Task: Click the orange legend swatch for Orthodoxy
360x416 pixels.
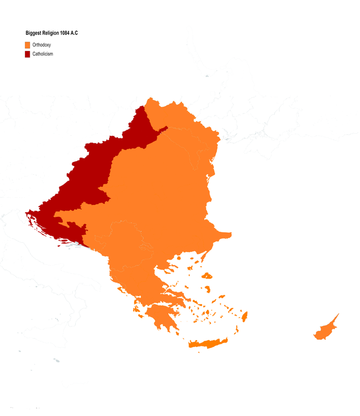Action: coord(28,45)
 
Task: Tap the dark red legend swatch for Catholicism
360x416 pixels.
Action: coord(28,54)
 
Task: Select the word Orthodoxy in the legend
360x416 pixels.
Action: coord(42,45)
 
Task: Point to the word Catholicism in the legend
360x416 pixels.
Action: coord(43,54)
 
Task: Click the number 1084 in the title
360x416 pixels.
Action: coord(66,33)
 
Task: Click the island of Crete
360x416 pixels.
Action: coord(208,344)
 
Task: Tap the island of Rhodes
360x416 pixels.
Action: coord(245,316)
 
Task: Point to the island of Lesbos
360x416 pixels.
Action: coord(207,276)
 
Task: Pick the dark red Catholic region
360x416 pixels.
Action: coord(88,177)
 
